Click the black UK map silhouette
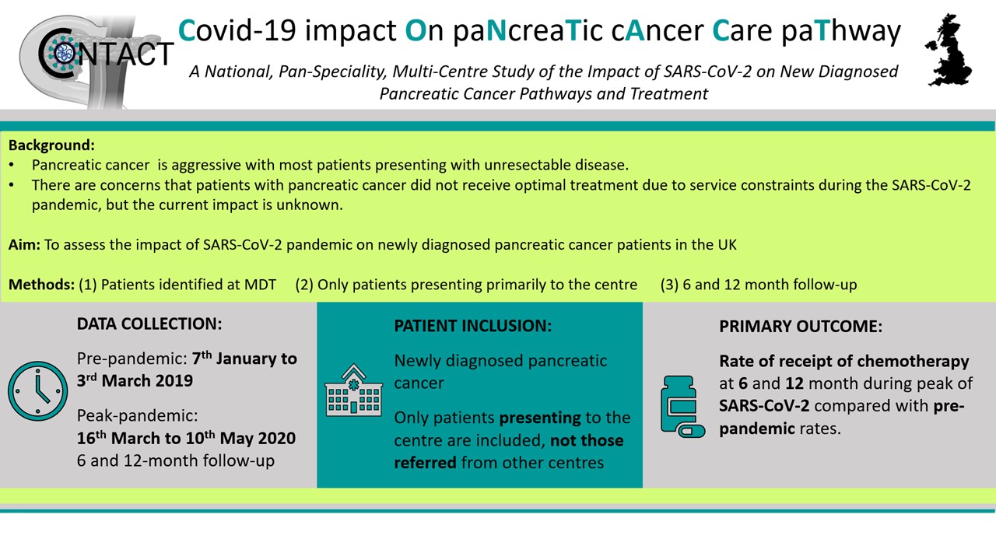pos(949,50)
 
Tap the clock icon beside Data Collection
pos(38,390)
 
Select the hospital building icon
pos(353,390)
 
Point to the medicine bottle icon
pos(682,407)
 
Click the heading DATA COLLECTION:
pos(149,324)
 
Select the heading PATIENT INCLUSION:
pos(472,326)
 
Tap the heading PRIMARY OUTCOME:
pos(801,326)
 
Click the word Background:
pos(51,145)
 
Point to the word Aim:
pos(24,244)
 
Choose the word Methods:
pos(42,285)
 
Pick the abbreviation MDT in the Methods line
pos(260,285)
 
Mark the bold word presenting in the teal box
pos(540,418)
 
